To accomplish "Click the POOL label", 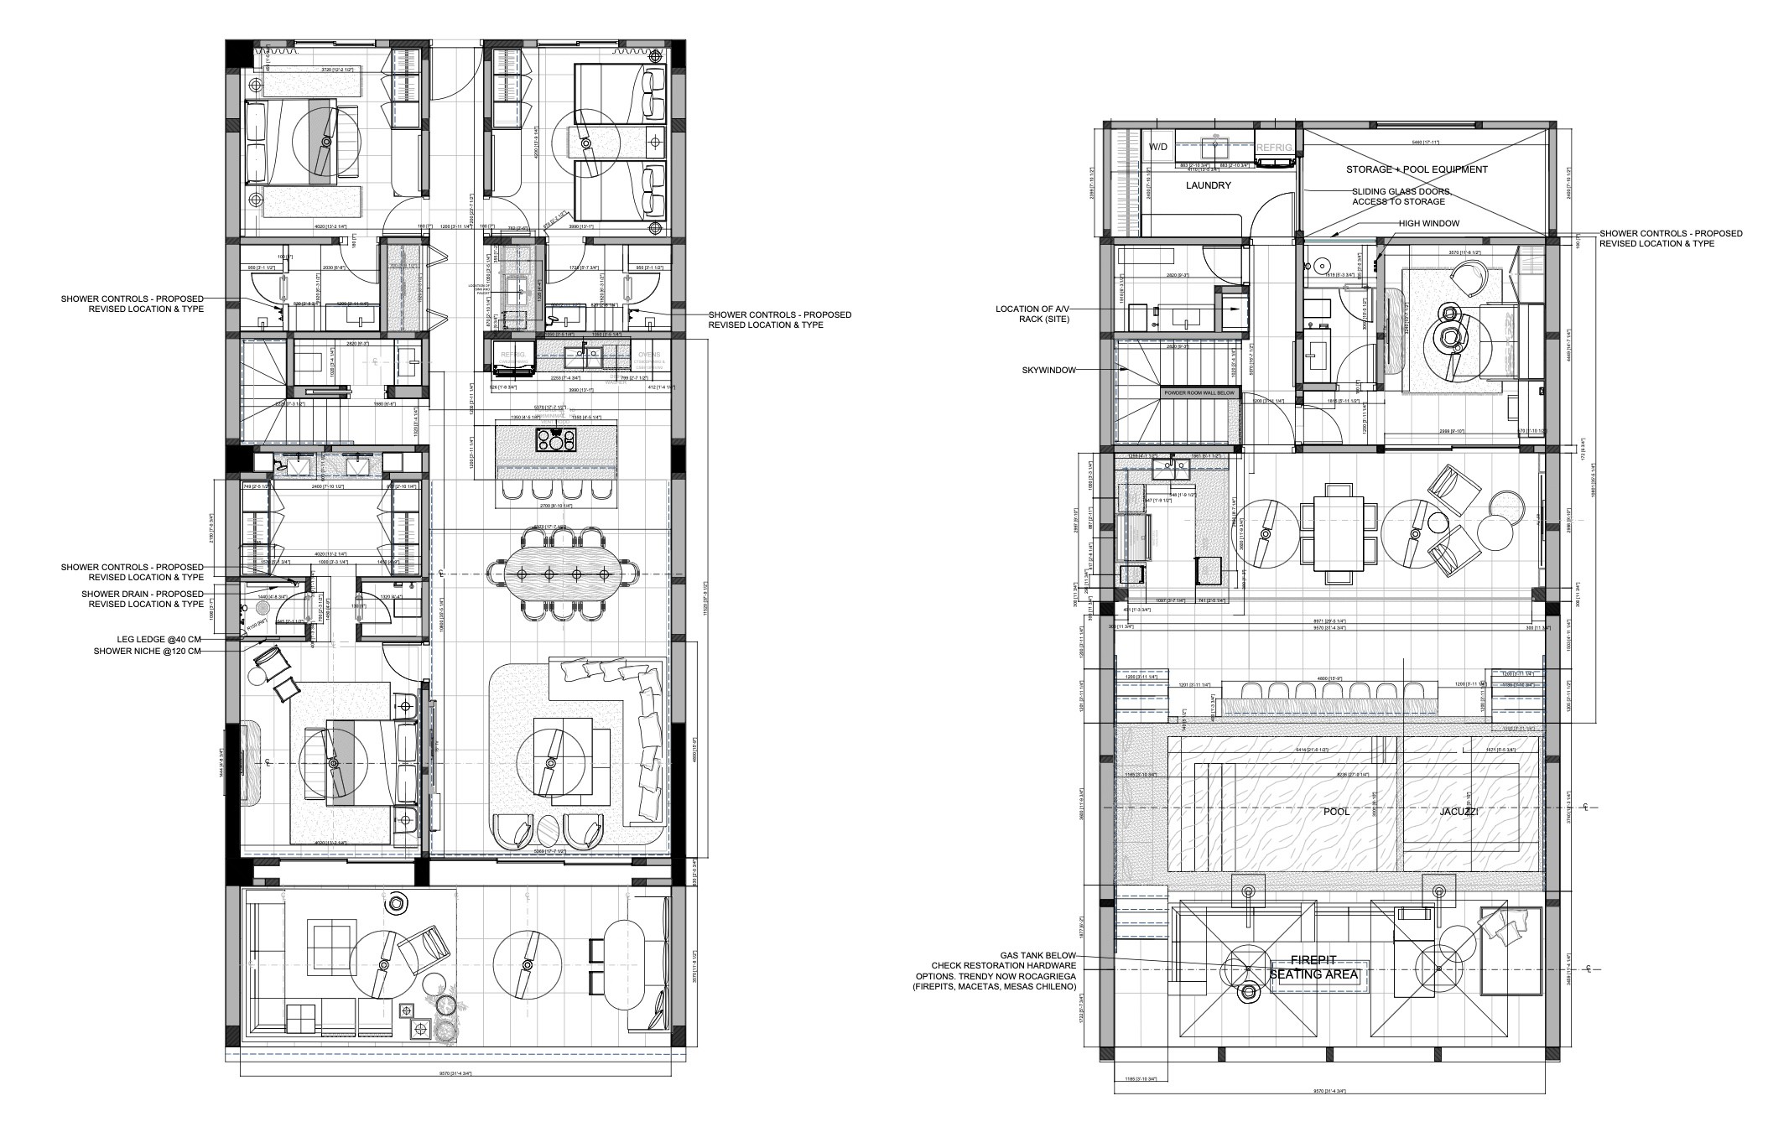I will tap(1336, 812).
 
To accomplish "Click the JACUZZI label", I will tap(1459, 812).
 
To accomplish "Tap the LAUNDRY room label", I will tap(1208, 185).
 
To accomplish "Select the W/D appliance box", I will tap(1157, 147).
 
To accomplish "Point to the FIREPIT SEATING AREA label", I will tap(1318, 968).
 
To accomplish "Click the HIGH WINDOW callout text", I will tap(1428, 224).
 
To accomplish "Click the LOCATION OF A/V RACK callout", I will tap(1032, 314).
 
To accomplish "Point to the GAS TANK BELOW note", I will tap(1037, 955).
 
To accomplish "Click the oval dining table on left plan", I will tap(562, 574).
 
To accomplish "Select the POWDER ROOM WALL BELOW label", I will tap(1199, 392).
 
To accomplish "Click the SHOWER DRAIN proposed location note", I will tap(143, 599).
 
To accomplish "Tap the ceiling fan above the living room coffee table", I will tap(551, 763).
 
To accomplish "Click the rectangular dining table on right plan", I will tap(1338, 532).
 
